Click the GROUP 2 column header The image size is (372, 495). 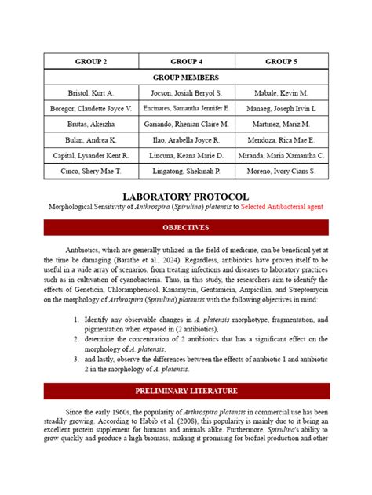[x=91, y=61]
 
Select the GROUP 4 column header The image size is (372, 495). [x=186, y=61]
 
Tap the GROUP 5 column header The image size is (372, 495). [x=281, y=61]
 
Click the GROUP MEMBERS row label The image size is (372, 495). [x=186, y=78]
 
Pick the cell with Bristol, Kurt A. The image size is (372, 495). [x=91, y=92]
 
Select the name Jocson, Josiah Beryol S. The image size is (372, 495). [x=186, y=92]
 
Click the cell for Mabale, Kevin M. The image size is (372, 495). [x=281, y=92]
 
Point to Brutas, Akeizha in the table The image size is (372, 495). [x=91, y=125]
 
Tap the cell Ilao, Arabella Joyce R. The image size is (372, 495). [x=186, y=140]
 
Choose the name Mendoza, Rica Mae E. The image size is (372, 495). [x=281, y=140]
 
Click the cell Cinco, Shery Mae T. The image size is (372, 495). [x=91, y=171]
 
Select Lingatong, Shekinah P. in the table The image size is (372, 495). [x=186, y=171]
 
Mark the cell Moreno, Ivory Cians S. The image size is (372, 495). [x=281, y=171]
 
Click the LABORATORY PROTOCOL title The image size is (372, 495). [x=186, y=196]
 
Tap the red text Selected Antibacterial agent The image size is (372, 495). [x=282, y=207]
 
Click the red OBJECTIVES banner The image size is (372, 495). [x=186, y=228]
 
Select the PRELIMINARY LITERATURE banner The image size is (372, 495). [x=186, y=391]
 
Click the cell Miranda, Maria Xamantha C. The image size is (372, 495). [x=281, y=156]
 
